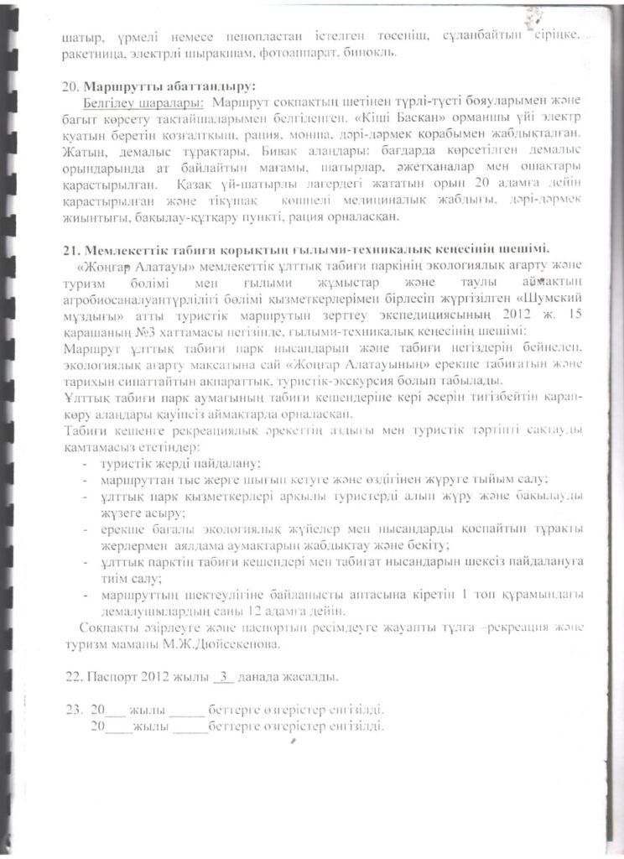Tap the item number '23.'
tap(72, 710)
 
